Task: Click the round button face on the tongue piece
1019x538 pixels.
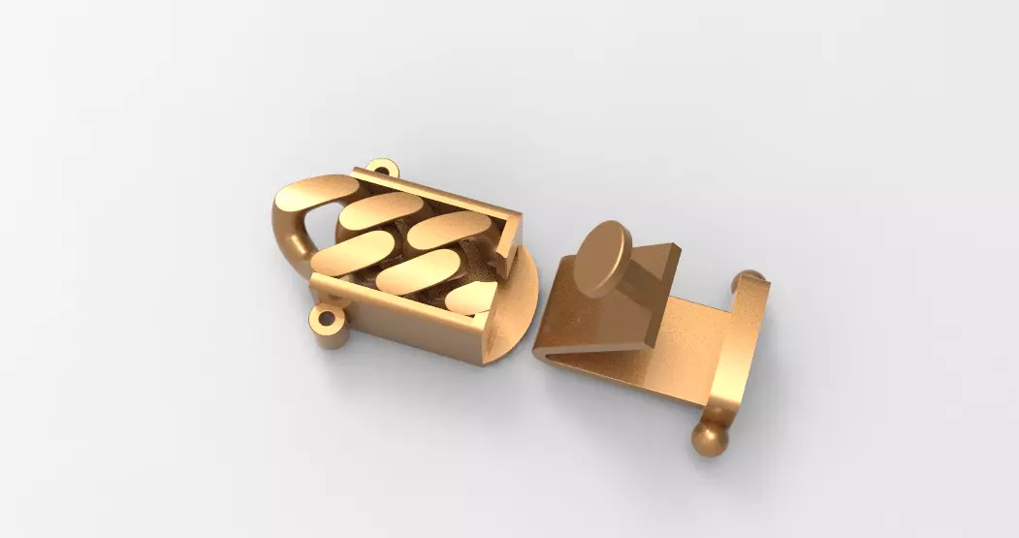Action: coord(601,257)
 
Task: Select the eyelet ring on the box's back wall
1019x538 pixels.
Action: coord(383,170)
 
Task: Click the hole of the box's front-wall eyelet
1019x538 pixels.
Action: coord(325,317)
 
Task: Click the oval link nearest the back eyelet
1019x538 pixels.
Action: coord(381,210)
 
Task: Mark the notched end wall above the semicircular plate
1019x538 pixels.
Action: coord(507,237)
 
